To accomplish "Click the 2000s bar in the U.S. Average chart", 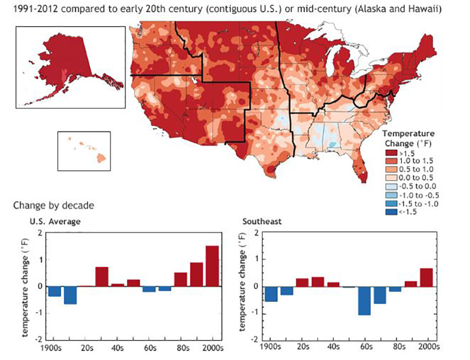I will (212, 266).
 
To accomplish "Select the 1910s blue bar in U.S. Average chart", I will (70, 295).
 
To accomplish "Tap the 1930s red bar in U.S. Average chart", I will (102, 277).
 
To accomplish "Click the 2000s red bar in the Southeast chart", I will (427, 277).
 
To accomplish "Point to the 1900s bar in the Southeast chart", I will (271, 294).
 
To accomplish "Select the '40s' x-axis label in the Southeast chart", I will (333, 348).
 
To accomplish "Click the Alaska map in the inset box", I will (65, 65).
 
